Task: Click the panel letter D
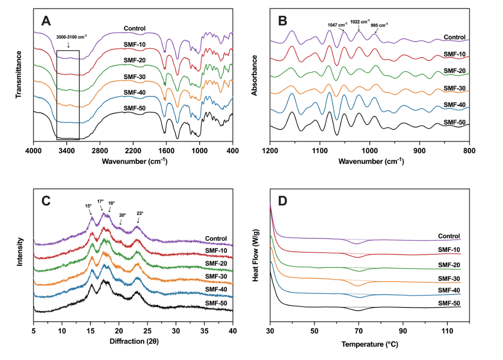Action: (x=283, y=201)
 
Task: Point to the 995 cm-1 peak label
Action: (x=379, y=26)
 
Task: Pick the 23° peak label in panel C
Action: (x=140, y=213)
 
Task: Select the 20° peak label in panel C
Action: (x=122, y=215)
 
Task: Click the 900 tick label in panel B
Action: (x=420, y=151)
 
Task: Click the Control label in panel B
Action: (x=455, y=37)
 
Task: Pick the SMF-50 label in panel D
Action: (x=449, y=303)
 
